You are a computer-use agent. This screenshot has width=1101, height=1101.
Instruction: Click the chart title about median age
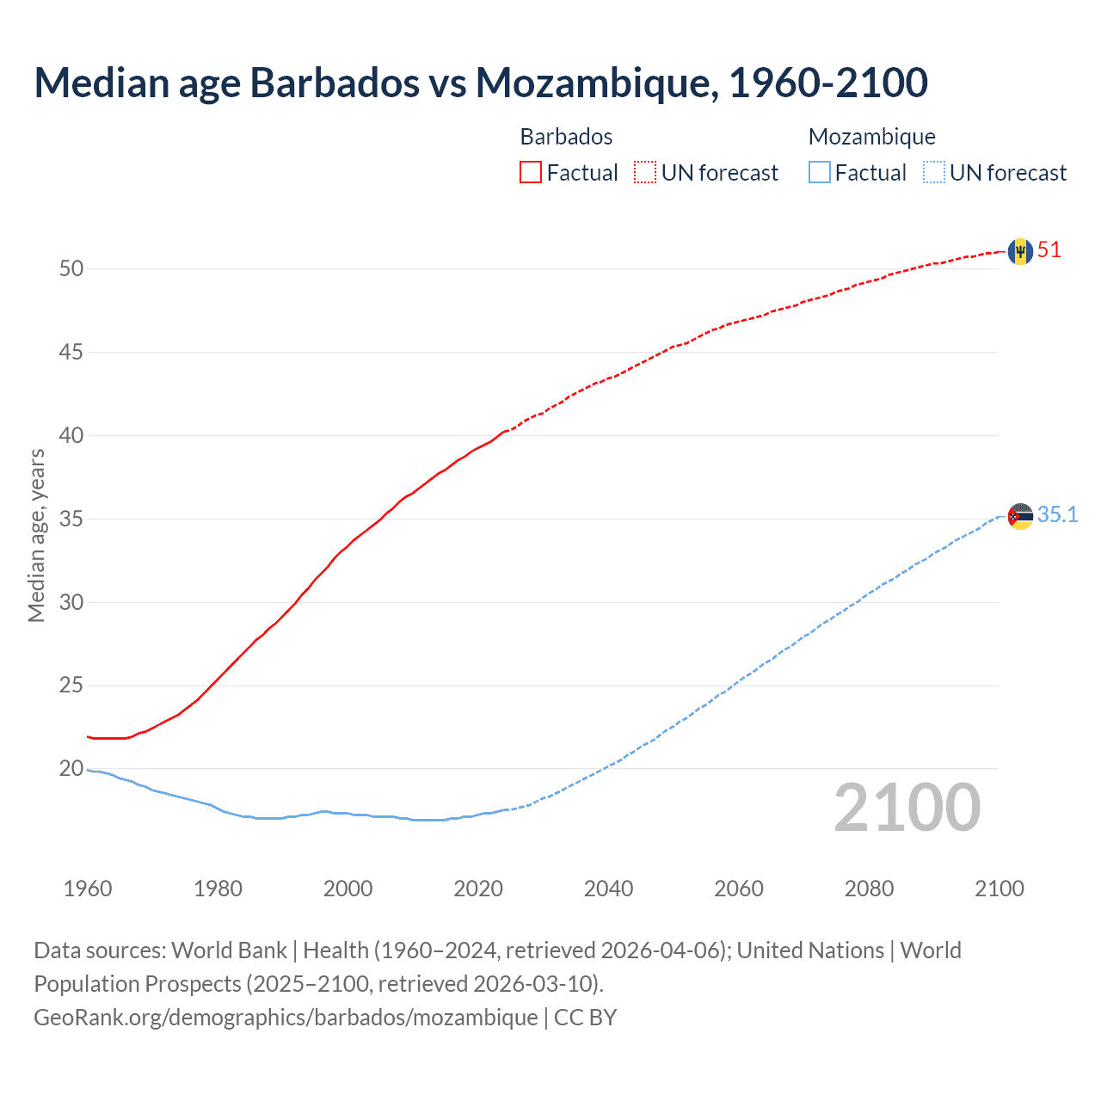[x=481, y=83]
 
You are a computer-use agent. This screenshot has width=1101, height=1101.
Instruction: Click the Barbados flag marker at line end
[x=1020, y=251]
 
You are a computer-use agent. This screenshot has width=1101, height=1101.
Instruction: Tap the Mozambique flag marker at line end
[x=1020, y=516]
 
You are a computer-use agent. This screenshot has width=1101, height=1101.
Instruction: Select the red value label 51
[x=1049, y=250]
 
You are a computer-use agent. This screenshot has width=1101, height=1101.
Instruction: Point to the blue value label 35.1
[x=1057, y=514]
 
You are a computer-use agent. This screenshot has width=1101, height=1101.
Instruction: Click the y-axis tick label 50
[x=71, y=268]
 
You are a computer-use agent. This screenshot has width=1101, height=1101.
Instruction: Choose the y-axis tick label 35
[x=71, y=519]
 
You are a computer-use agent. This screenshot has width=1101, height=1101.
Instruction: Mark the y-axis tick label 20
[x=71, y=768]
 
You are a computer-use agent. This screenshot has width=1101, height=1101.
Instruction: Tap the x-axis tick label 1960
[x=88, y=889]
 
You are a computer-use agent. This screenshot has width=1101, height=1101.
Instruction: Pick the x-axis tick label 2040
[x=608, y=889]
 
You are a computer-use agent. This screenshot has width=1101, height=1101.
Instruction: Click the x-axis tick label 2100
[x=999, y=889]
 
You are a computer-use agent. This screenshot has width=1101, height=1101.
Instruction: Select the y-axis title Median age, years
[x=37, y=535]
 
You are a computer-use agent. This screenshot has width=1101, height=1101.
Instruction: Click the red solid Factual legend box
[x=531, y=173]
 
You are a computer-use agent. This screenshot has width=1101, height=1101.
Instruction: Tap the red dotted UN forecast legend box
[x=645, y=173]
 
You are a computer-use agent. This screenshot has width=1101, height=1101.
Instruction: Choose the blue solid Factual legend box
[x=820, y=173]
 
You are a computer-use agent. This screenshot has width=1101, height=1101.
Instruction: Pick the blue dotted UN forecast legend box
[x=934, y=173]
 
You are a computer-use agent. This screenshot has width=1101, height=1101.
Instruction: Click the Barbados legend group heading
[x=566, y=137]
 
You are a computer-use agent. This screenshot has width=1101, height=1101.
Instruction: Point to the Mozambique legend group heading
[x=871, y=137]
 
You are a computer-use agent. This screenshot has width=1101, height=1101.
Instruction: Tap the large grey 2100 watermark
[x=907, y=808]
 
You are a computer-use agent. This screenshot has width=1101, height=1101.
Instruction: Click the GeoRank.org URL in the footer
[x=286, y=1017]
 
